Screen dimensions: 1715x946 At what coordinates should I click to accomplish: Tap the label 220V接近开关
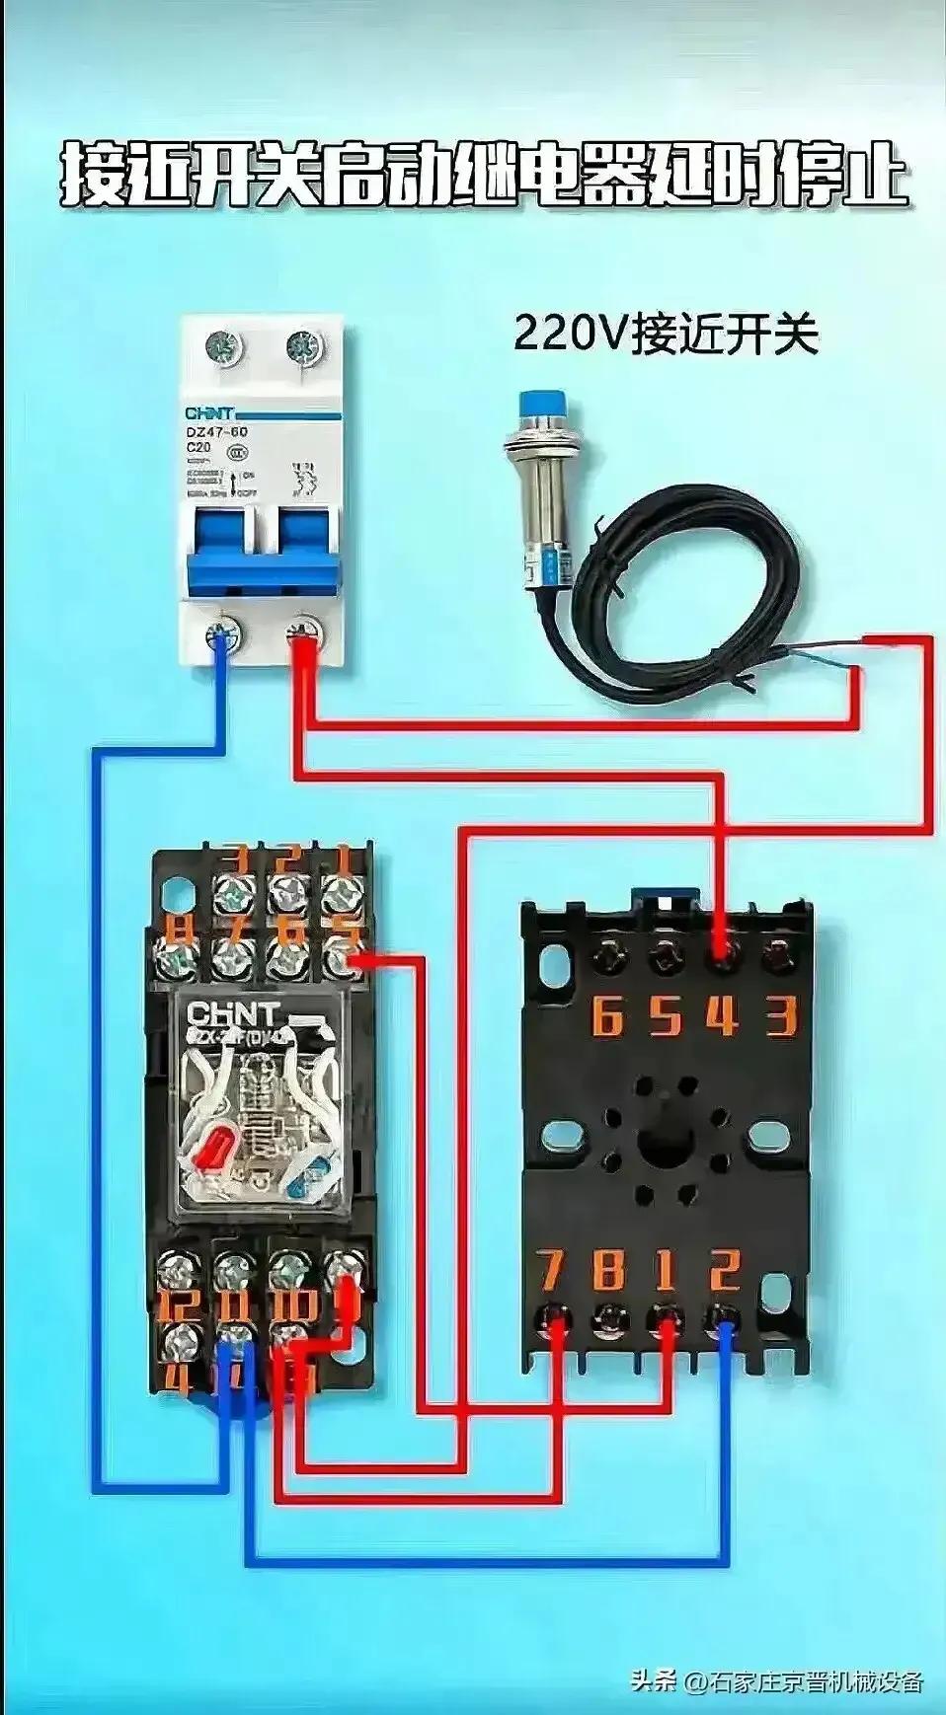[666, 334]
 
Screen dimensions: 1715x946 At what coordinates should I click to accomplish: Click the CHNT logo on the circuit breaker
[209, 413]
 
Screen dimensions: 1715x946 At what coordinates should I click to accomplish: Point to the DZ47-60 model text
[217, 432]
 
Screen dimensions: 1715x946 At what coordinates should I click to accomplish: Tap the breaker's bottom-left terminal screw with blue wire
[223, 634]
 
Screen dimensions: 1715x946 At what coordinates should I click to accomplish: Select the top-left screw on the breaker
[222, 346]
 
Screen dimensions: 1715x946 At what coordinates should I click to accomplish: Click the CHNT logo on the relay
[234, 1013]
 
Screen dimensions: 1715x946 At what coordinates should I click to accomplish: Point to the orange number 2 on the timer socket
[726, 1270]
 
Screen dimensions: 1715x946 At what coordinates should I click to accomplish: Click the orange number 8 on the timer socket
[608, 1270]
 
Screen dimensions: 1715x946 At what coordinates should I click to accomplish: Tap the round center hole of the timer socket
[666, 1144]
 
